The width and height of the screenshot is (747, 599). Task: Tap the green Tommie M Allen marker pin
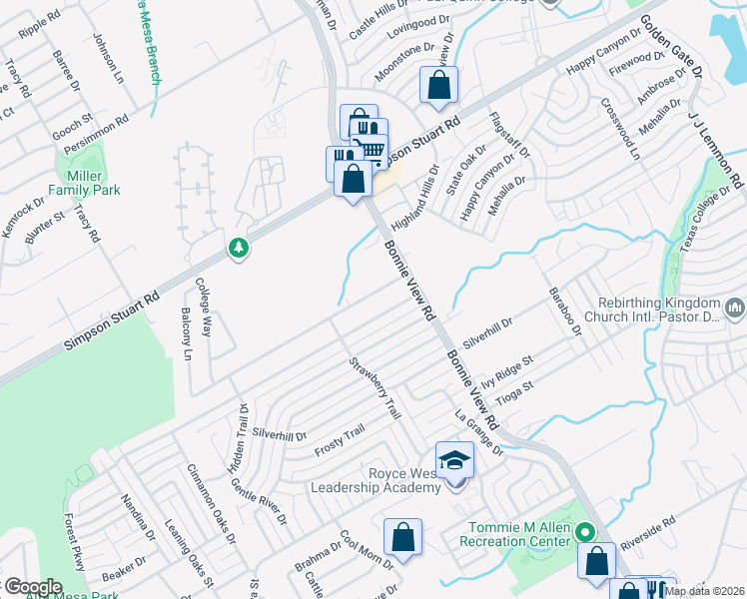(x=588, y=534)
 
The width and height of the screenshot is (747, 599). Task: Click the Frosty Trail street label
(x=339, y=441)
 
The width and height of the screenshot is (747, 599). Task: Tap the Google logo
(x=32, y=587)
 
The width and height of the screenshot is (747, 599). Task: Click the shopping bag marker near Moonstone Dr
(x=438, y=88)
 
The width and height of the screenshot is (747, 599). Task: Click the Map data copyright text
(x=704, y=591)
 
